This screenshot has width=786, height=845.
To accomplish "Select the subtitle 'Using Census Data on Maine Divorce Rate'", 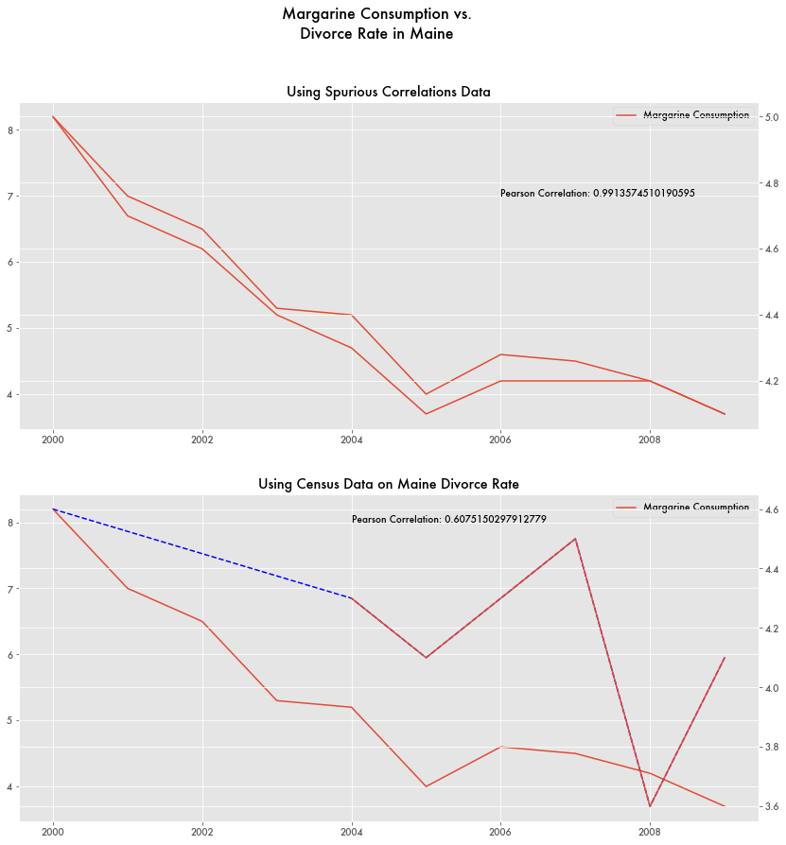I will pyautogui.click(x=389, y=484).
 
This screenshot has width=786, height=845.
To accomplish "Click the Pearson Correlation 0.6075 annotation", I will pyautogui.click(x=449, y=519).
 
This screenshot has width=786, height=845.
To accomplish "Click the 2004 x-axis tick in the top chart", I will pyautogui.click(x=352, y=440).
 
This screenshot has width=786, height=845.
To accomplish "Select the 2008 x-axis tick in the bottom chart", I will pyautogui.click(x=650, y=833).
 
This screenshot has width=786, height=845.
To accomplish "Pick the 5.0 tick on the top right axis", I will pyautogui.click(x=772, y=117).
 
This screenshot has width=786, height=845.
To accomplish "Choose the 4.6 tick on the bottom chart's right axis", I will pyautogui.click(x=772, y=509).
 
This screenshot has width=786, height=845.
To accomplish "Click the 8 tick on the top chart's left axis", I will pyautogui.click(x=10, y=130).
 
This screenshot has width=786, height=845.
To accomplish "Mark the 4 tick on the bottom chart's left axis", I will pyautogui.click(x=10, y=786).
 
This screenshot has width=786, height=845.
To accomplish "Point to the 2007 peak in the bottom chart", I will pyautogui.click(x=575, y=539).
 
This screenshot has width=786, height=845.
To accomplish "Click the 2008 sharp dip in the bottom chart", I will pyautogui.click(x=650, y=806).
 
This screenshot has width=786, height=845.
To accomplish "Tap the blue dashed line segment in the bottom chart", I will pyautogui.click(x=202, y=553).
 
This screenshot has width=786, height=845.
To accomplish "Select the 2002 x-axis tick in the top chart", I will pyautogui.click(x=202, y=440).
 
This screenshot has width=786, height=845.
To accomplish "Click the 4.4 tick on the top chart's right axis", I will pyautogui.click(x=772, y=315).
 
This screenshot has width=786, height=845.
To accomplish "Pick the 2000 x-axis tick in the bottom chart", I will pyautogui.click(x=53, y=833).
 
